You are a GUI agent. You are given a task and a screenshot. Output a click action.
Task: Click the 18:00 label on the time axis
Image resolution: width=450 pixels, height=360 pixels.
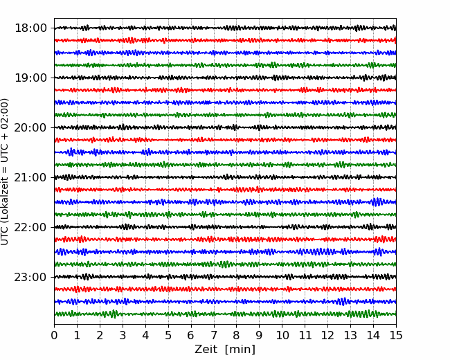30,28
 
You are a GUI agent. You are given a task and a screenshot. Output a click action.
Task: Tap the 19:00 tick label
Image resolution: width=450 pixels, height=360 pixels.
30,78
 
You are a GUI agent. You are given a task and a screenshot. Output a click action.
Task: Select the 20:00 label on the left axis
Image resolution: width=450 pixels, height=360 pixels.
30,127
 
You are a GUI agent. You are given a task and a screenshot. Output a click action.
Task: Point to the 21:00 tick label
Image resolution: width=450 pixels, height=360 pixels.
30,177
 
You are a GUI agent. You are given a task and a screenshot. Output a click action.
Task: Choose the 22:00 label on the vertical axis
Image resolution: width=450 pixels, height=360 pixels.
30,227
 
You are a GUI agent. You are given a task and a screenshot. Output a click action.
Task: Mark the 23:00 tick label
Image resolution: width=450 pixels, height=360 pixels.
30,277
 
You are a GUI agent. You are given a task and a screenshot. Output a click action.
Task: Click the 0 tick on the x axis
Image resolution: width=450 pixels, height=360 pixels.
54,335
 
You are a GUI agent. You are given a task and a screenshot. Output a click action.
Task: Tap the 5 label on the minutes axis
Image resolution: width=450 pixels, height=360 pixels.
168,335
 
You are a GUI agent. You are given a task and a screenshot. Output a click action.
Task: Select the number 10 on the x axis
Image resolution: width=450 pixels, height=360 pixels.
282,335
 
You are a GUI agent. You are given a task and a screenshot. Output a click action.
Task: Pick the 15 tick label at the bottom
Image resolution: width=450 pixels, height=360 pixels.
396,335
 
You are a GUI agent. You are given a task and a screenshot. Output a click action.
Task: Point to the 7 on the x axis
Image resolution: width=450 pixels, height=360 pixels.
214,335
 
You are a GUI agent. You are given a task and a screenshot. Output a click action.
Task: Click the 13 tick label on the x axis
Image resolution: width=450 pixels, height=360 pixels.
350,335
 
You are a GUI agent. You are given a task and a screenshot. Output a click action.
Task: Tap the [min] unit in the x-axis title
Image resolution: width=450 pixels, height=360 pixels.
240,350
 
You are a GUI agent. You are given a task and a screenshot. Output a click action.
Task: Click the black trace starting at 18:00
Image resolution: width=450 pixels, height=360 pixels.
225,28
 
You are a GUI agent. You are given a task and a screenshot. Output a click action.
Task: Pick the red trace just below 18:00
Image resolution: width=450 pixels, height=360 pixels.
225,40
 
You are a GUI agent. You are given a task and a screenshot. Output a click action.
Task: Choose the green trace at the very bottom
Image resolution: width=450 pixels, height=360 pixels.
225,314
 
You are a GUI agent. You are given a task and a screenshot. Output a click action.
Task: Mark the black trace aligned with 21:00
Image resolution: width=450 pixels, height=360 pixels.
225,177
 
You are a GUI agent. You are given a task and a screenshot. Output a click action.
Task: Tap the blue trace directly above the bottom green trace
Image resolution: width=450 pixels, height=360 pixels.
225,301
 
